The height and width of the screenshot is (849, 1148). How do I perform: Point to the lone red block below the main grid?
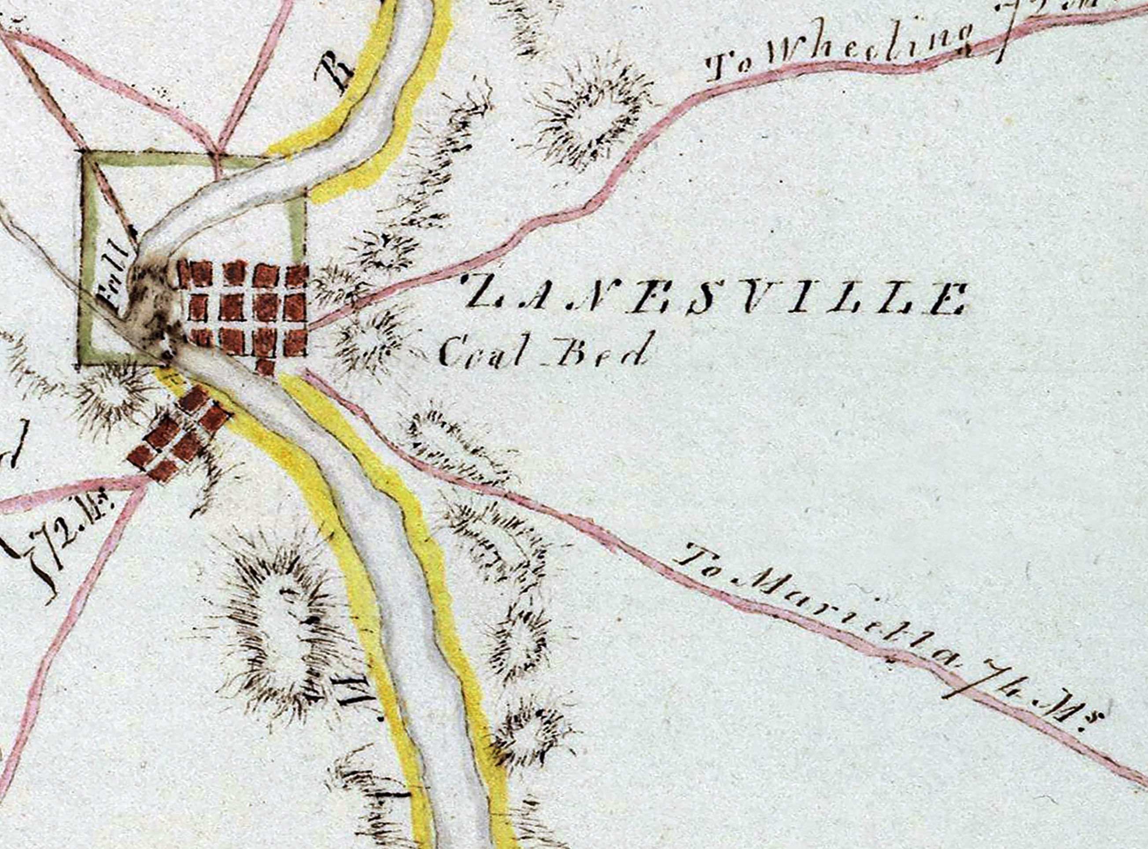(265, 367)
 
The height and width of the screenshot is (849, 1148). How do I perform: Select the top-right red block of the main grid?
(297, 275)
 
